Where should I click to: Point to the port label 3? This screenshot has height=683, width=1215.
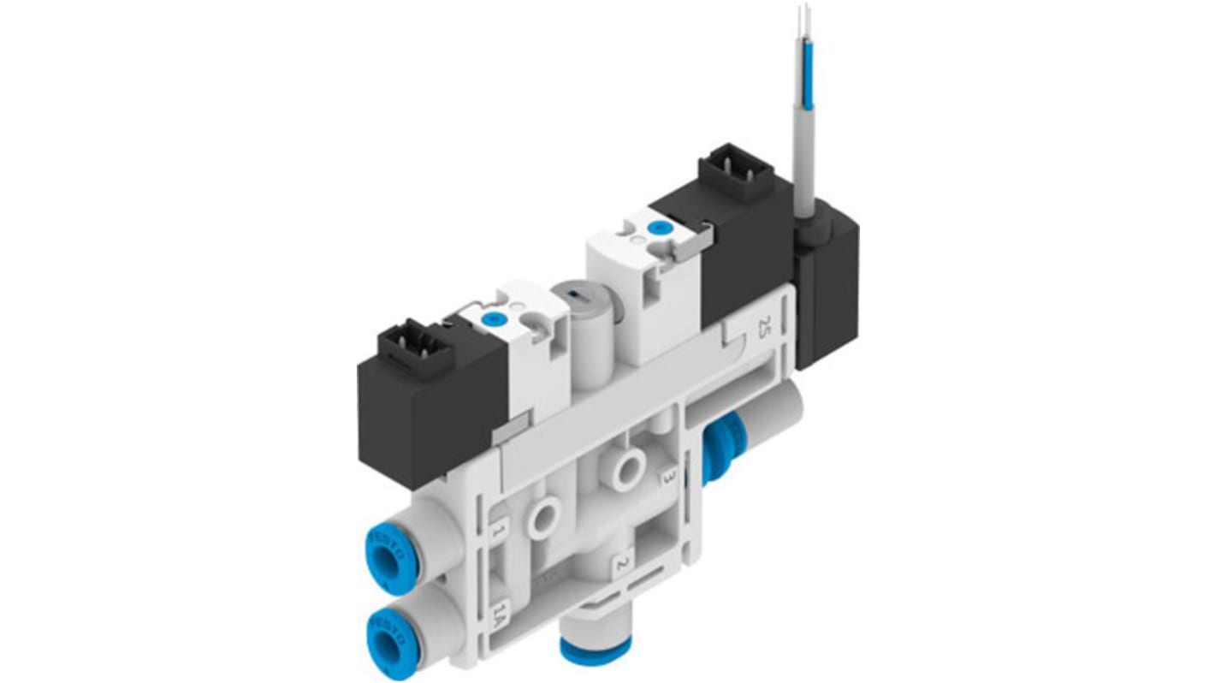coord(671,476)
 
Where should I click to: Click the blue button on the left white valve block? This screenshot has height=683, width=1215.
coord(491,319)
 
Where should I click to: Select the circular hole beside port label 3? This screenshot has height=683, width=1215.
coord(629,466)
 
